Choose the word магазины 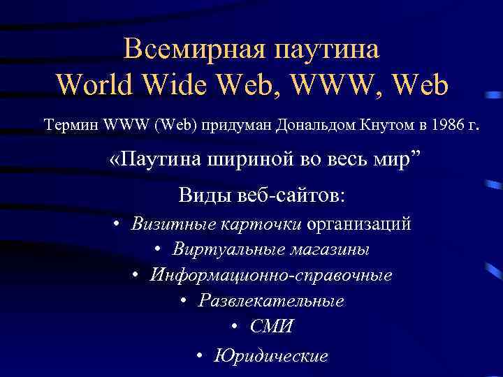pyautogui.click(x=330, y=249)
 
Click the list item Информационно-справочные pyautogui.click(x=271, y=275)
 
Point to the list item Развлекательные pyautogui.click(x=271, y=301)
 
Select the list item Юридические pyautogui.click(x=271, y=356)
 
